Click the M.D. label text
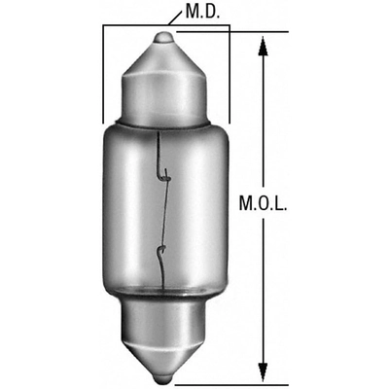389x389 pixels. click(202, 12)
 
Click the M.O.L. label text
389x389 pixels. click(263, 203)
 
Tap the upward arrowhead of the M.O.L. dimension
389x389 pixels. click(264, 47)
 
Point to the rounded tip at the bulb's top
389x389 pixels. click(163, 38)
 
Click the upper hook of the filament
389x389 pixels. click(164, 175)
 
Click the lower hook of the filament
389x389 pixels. click(161, 251)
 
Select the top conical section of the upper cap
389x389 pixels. click(163, 60)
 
